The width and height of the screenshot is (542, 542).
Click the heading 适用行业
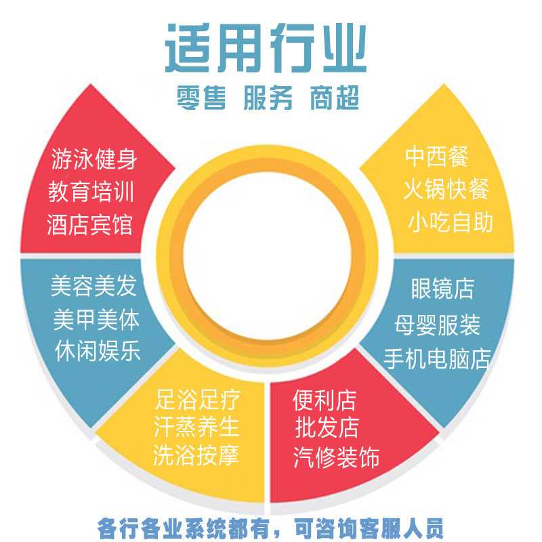266,49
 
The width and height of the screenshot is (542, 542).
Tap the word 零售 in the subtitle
200,99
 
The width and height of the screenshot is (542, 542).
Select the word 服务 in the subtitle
268,99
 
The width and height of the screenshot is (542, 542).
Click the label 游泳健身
94,160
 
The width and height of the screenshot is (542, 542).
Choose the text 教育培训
91,192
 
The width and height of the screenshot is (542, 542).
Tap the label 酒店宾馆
90,225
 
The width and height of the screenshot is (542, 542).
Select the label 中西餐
437,157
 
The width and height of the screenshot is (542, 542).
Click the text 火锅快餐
446,189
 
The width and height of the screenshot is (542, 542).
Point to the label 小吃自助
451,222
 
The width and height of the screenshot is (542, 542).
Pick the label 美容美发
93,287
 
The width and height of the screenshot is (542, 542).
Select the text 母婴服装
437,326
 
